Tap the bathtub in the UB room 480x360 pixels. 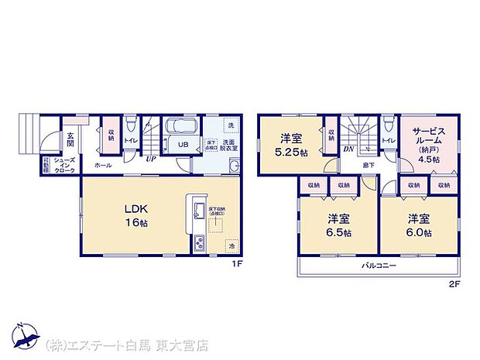(x=183, y=127)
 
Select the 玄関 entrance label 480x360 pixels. (x=70, y=139)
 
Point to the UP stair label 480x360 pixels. (x=150, y=157)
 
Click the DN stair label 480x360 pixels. (x=349, y=149)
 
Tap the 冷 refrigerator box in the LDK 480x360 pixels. (x=231, y=245)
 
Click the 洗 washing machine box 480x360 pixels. (x=230, y=125)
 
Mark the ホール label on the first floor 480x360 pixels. (x=102, y=166)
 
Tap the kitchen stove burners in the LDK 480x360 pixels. (x=197, y=243)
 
